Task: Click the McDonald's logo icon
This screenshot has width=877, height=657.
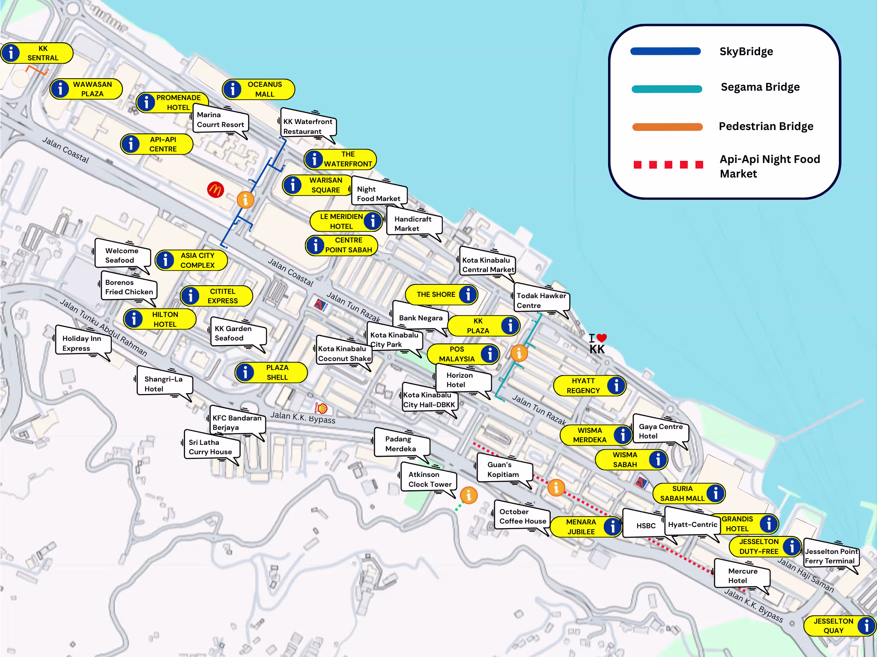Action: pyautogui.click(x=215, y=189)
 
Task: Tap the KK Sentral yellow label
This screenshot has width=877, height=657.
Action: pyautogui.click(x=38, y=53)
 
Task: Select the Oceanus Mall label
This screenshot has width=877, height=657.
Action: pyautogui.click(x=259, y=89)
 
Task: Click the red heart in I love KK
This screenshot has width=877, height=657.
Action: pyautogui.click(x=602, y=338)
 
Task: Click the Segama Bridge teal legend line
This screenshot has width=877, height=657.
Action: pyautogui.click(x=667, y=89)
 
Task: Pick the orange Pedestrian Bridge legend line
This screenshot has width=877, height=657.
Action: pyautogui.click(x=667, y=127)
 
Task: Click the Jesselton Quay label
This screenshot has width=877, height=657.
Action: pyautogui.click(x=839, y=626)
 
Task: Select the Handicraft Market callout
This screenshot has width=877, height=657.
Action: pyautogui.click(x=413, y=224)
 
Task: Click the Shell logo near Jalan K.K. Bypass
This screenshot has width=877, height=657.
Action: pyautogui.click(x=322, y=408)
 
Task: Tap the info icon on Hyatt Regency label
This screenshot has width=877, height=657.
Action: pyautogui.click(x=616, y=385)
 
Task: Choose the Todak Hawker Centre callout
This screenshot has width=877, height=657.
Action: pyautogui.click(x=541, y=301)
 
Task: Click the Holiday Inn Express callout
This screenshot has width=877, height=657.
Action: pyautogui.click(x=82, y=343)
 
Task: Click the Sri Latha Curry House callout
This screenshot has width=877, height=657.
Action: pyautogui.click(x=211, y=447)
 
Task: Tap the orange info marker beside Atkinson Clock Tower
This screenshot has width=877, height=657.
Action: pyautogui.click(x=469, y=495)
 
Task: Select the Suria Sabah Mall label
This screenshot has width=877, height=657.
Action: pyautogui.click(x=689, y=494)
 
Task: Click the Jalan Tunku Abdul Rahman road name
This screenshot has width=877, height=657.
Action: pyautogui.click(x=103, y=328)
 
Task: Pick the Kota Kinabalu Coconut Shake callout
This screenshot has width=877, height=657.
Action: pyautogui.click(x=344, y=354)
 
